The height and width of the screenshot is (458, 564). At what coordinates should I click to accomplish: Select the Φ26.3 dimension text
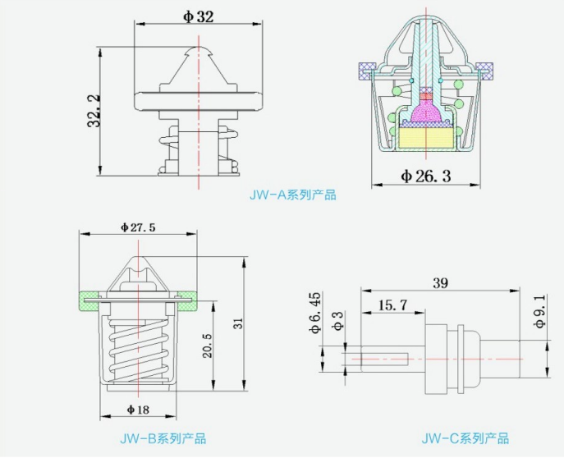pyautogui.click(x=426, y=175)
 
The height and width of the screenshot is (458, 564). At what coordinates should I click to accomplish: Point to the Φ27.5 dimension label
pyautogui.click(x=137, y=227)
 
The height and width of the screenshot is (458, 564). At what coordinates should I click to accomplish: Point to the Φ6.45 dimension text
pyautogui.click(x=314, y=313)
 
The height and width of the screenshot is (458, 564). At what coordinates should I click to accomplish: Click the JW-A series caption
pyautogui.click(x=292, y=195)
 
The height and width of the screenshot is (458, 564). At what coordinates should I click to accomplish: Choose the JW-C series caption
pyautogui.click(x=465, y=438)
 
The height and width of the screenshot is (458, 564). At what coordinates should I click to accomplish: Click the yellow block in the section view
pyautogui.click(x=425, y=137)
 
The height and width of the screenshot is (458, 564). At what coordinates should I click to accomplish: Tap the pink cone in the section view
pyautogui.click(x=426, y=108)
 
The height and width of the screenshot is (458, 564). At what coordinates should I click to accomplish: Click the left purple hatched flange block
pyautogui.click(x=365, y=71)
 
